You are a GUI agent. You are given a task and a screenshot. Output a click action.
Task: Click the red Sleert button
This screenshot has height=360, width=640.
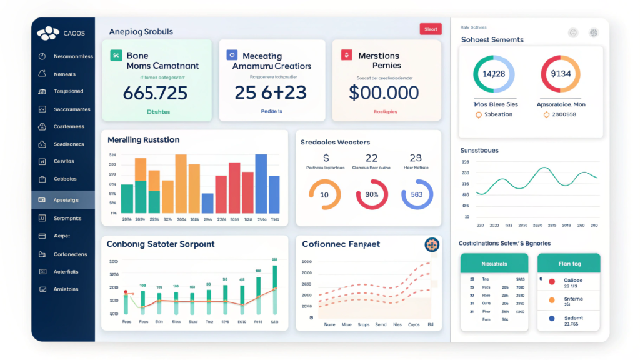[x=431, y=29]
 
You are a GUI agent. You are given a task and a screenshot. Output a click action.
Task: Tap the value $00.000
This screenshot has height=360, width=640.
[x=384, y=92]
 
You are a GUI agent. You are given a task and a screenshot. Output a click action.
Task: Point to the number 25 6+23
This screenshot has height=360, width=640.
[x=270, y=92]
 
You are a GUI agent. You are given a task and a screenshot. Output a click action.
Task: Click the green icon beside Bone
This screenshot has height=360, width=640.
[x=116, y=56]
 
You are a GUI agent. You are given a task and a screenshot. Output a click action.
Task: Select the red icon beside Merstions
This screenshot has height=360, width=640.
[x=346, y=56]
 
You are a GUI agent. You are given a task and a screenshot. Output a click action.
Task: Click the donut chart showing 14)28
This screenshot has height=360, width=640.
[x=494, y=74]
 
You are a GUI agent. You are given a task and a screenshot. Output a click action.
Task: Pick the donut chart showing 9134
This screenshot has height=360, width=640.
[x=561, y=74]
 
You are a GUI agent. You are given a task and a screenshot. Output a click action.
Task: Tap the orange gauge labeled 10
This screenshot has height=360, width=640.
[x=324, y=194]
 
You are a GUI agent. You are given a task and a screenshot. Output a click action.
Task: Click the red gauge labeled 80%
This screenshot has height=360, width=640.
[x=372, y=194]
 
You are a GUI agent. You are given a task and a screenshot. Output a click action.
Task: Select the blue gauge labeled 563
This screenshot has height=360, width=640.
[x=417, y=194]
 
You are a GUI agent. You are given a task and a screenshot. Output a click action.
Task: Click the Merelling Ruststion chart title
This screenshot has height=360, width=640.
[x=143, y=139]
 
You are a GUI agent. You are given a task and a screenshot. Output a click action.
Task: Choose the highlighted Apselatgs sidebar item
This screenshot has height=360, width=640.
[x=63, y=200]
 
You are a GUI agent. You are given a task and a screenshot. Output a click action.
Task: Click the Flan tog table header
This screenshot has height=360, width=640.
[x=568, y=263]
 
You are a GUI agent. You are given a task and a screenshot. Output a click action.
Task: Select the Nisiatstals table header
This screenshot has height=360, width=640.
[x=494, y=263]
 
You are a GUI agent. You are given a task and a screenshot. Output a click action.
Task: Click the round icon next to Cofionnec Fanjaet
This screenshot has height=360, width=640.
[x=431, y=245]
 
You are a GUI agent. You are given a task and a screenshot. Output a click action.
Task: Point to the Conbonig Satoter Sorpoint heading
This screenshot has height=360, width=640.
[x=161, y=244]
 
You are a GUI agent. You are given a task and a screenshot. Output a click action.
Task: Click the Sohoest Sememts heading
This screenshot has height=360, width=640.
[x=492, y=39]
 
